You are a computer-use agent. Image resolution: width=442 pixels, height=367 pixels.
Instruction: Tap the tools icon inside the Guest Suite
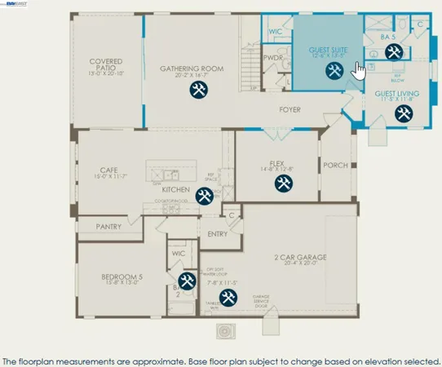334,72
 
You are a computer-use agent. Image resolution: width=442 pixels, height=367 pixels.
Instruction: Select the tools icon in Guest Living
402,114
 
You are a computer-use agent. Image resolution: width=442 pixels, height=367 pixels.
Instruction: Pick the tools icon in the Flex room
281,183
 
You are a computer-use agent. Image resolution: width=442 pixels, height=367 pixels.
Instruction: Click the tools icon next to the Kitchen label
206,196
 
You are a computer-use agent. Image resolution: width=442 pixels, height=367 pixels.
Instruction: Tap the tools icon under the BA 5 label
393,53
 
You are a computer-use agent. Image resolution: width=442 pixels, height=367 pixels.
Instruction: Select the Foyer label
290,109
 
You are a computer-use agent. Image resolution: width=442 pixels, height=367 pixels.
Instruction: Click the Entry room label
217,233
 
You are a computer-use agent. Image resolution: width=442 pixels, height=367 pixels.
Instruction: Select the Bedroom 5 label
121,277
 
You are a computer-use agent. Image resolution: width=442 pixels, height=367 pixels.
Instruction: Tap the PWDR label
272,59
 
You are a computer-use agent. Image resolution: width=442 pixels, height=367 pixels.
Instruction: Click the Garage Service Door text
261,300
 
